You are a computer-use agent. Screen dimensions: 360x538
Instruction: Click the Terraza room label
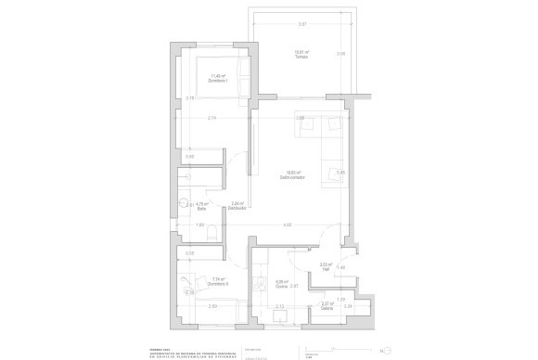(301, 56)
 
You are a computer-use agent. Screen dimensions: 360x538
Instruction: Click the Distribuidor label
(237, 207)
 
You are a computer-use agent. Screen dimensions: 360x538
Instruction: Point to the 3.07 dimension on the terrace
(302, 24)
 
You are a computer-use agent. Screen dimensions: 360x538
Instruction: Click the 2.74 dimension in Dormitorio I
(211, 119)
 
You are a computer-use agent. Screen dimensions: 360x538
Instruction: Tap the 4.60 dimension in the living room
(288, 225)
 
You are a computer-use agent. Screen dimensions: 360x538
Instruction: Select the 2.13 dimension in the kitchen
(280, 305)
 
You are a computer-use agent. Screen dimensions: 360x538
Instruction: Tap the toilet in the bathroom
(212, 232)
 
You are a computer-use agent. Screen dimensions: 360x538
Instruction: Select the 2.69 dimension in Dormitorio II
(212, 306)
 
